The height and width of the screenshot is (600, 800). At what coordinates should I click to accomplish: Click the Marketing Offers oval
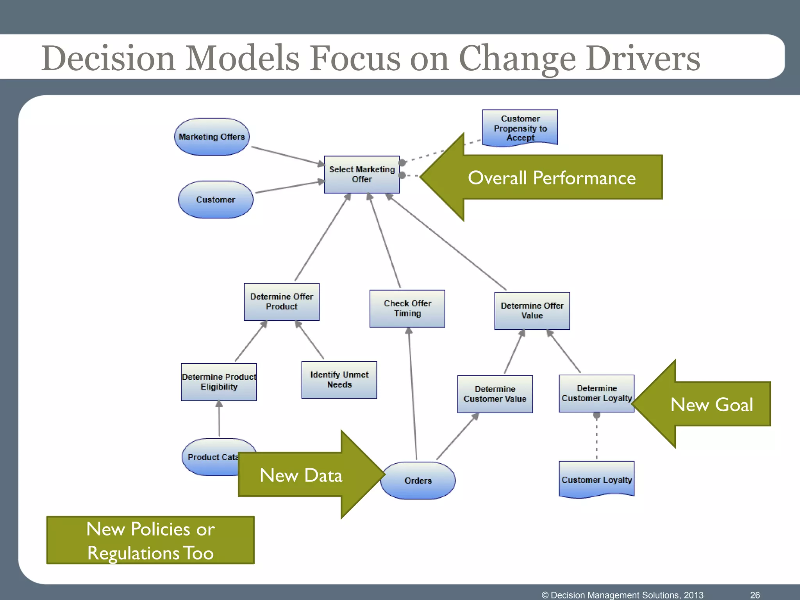point(212,137)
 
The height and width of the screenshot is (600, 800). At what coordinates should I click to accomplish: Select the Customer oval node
point(216,200)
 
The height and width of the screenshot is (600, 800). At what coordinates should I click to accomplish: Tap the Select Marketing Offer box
point(362,175)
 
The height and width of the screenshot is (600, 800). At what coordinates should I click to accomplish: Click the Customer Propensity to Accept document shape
point(520,128)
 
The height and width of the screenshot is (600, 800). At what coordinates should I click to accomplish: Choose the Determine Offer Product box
point(282,302)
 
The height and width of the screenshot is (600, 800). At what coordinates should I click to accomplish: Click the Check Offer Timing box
point(407,308)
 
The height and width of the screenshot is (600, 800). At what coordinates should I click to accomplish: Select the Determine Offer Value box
point(532,311)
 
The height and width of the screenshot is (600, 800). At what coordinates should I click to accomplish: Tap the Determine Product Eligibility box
point(219,382)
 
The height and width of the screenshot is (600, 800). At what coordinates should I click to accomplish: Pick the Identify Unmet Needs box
point(339,380)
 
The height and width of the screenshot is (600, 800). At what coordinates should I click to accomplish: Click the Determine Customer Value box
point(495,394)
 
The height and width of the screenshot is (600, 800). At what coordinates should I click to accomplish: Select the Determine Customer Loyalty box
point(596,393)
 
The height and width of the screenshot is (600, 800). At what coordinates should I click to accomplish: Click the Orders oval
point(418,480)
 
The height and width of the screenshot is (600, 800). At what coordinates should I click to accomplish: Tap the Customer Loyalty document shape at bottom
point(596,480)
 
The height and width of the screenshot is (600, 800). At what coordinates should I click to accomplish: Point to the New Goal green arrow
point(711,404)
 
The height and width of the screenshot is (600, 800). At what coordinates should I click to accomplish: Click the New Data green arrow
point(301,475)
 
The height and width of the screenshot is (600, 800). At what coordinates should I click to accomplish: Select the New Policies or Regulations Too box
point(150,540)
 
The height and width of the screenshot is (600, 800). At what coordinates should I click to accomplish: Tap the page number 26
point(755,595)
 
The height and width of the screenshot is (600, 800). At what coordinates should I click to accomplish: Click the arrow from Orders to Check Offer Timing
point(412,395)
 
